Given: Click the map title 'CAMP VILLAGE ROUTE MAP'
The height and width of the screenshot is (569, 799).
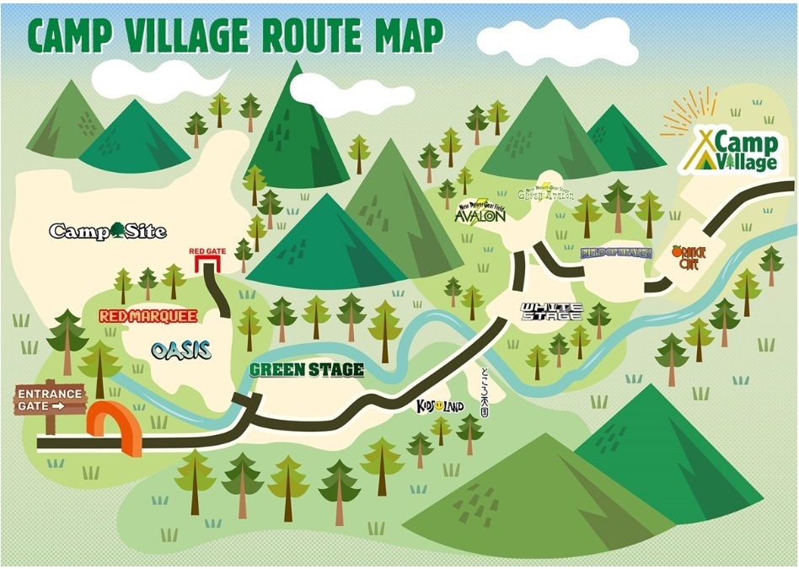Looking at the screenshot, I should [x=235, y=35].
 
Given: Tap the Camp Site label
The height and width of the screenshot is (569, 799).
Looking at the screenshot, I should [x=108, y=230].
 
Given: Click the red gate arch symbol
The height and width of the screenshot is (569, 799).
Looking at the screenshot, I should [x=206, y=265].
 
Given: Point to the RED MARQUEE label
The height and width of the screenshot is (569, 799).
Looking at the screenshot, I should [x=147, y=317].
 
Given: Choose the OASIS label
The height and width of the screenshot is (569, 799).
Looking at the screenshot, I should [x=181, y=351].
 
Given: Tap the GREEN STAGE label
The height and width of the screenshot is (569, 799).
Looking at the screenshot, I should [x=307, y=370].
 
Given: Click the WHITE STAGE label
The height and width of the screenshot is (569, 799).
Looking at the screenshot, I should [x=551, y=312].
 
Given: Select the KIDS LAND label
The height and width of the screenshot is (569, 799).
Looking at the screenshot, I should [x=441, y=406].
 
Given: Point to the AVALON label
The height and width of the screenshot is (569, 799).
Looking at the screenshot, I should [x=480, y=214].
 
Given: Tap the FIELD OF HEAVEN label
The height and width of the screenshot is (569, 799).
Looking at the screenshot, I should [x=617, y=252].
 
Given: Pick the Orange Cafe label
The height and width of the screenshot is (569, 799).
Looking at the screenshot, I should [x=689, y=257].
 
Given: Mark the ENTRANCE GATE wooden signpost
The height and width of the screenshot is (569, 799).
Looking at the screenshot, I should [x=51, y=400].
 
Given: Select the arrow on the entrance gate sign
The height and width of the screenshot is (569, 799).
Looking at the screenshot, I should [x=58, y=406].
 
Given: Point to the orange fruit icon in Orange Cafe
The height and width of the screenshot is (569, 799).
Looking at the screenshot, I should [x=678, y=251].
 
